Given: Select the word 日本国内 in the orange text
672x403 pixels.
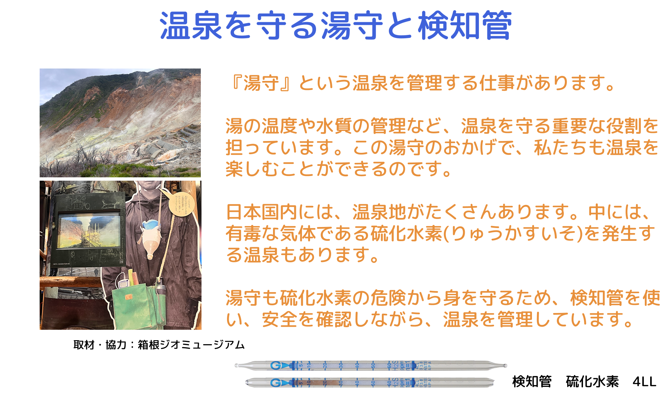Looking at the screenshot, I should pos(262,212).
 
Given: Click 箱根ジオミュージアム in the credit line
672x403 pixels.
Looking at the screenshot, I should pos(191,345).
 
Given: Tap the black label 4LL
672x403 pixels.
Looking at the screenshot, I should pos(644,382).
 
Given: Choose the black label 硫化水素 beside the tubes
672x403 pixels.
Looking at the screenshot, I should pos(592,382).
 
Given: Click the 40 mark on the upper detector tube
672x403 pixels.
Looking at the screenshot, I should pos(357,365).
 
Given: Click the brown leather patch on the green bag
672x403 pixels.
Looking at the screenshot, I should pos(129,297).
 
